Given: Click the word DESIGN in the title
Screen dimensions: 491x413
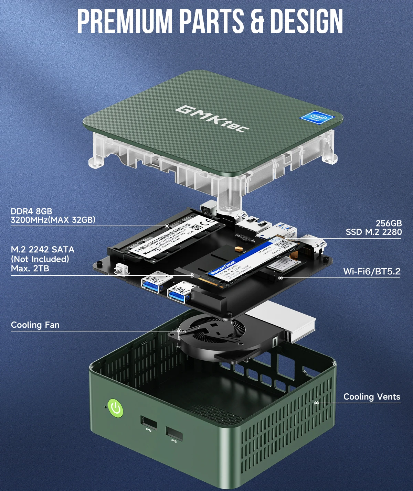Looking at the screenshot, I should coord(306,21).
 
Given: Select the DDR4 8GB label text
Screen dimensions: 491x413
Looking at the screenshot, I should coord(31,211).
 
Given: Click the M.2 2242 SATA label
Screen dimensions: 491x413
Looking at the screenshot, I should coord(42,250).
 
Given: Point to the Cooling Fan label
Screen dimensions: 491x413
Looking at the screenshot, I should coord(35,325).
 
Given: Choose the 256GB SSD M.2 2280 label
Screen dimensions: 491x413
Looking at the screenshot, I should coord(374,228).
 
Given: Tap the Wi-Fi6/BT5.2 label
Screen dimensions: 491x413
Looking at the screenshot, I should coord(372,272).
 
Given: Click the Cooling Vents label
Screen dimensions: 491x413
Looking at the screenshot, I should coord(372,397).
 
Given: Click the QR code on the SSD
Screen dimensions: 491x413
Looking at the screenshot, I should coord(284,245).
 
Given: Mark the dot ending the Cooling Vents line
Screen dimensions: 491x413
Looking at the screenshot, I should coord(317,403).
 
